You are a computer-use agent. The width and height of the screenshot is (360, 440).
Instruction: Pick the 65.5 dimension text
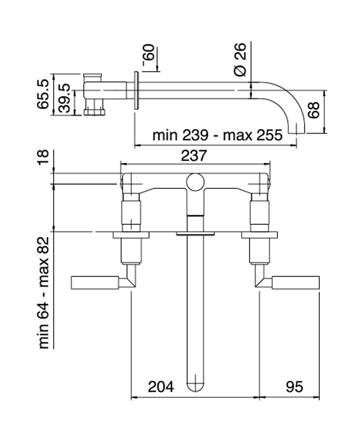[x=43, y=94]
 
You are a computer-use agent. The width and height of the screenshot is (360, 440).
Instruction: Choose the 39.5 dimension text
[x=64, y=98]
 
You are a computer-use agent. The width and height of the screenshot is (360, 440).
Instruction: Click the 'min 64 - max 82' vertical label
[x=44, y=292]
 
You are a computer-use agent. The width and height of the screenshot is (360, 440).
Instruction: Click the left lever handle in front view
[x=94, y=282]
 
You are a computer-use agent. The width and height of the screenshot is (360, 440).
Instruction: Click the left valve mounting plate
[x=131, y=235]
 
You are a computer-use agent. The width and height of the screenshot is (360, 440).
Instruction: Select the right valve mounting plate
[x=259, y=235]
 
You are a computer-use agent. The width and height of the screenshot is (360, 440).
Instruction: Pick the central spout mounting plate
[x=195, y=233]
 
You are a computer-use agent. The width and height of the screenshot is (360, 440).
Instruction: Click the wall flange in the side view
[x=136, y=90]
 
